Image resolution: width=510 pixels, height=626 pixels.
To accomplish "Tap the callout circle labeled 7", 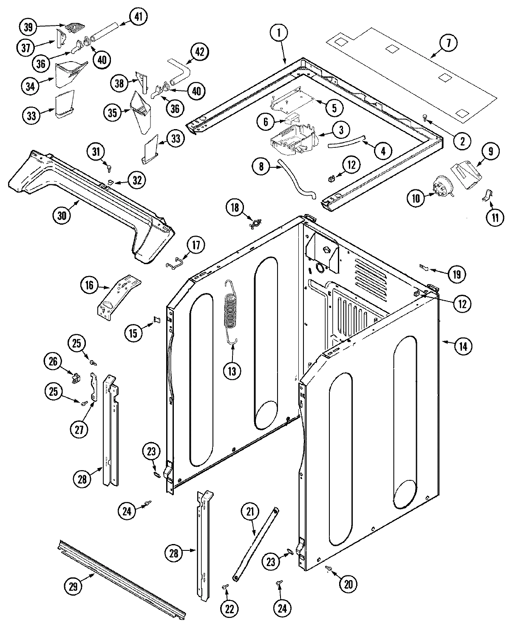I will click(x=450, y=42).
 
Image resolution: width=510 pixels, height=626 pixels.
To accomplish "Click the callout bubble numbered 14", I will click(x=462, y=347).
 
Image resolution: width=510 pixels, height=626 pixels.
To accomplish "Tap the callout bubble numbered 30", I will click(x=62, y=215).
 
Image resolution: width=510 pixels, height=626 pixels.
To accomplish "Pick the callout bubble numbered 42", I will click(x=200, y=52).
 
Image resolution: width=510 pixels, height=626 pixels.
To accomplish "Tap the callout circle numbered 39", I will click(x=28, y=27).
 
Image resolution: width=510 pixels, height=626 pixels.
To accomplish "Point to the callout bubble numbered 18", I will click(x=235, y=208).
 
